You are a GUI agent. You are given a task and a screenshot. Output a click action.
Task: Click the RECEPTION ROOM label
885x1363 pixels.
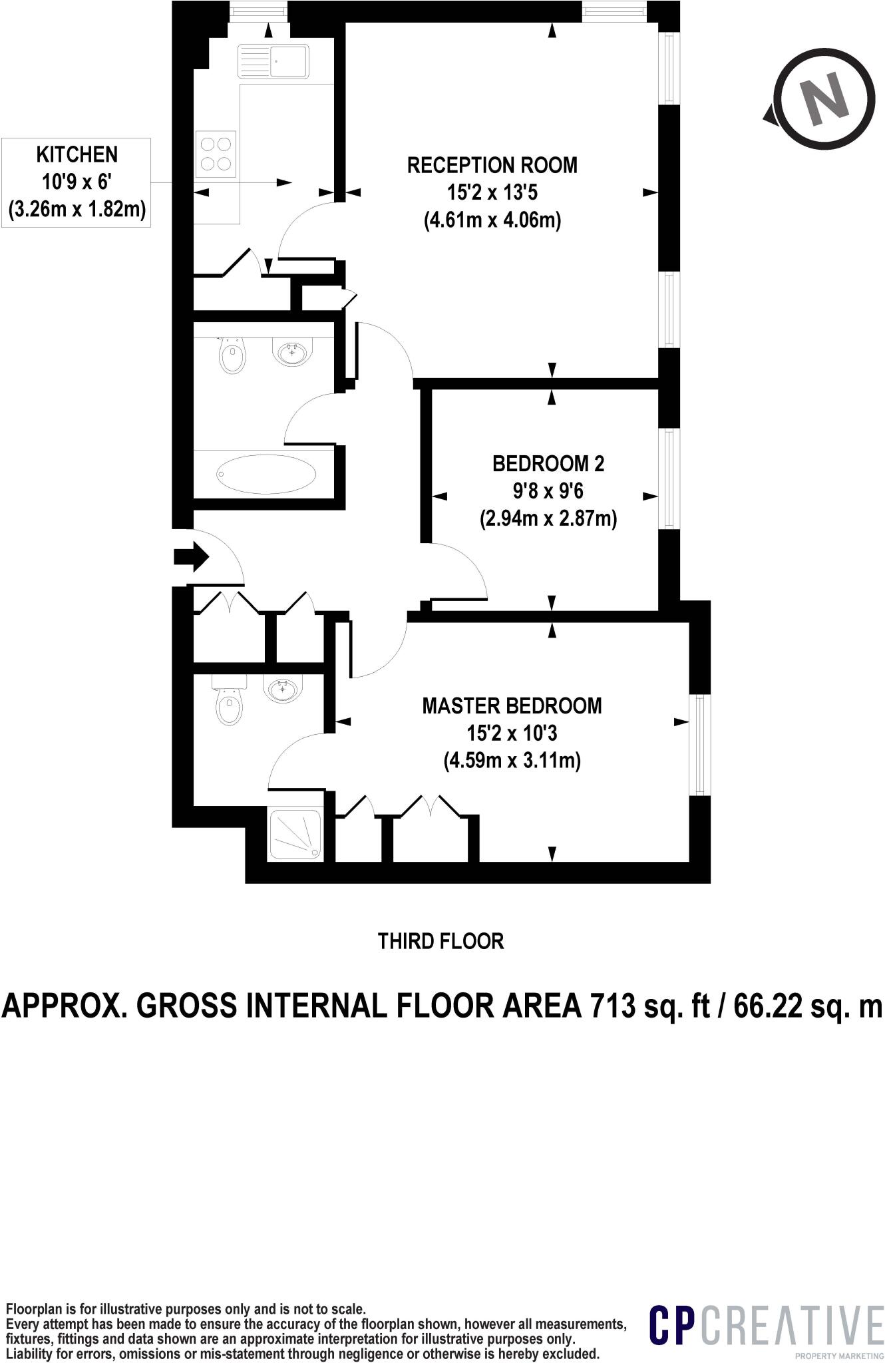pos(492,165)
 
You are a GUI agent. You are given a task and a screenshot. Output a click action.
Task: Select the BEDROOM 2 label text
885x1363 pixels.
pos(548,463)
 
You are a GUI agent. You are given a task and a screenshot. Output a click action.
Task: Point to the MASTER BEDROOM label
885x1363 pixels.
pos(512,705)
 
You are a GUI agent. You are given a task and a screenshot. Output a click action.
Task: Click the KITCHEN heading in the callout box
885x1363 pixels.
pos(77,154)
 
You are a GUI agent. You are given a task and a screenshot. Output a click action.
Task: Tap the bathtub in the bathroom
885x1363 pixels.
pos(267,473)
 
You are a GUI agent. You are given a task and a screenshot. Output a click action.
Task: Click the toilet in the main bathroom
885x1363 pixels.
pos(232,357)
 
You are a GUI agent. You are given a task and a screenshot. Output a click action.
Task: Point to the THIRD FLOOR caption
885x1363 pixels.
pos(441,941)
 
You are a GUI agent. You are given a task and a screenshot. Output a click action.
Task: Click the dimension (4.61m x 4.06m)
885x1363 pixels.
pos(492,220)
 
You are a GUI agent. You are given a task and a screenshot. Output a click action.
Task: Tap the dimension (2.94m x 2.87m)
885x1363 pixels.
pos(548,518)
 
